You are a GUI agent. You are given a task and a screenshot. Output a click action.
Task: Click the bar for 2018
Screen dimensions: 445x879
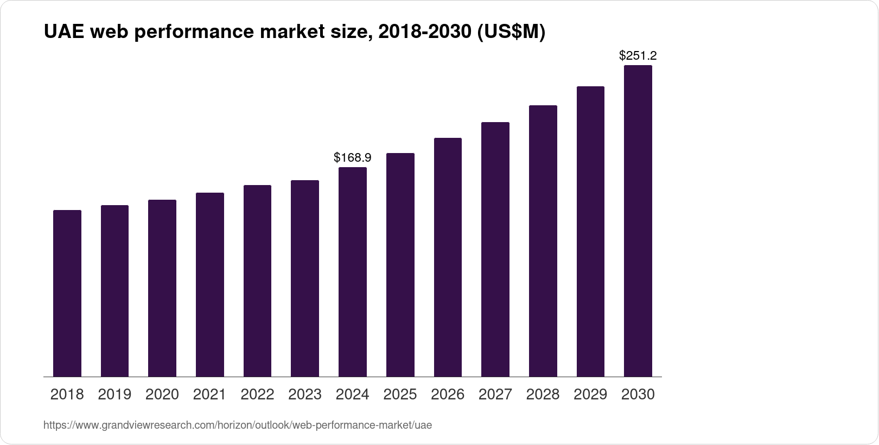pos(67,293)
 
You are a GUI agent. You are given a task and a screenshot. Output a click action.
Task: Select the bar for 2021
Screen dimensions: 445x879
pos(210,284)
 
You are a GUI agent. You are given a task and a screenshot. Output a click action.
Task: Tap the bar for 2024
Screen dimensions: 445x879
pos(353,271)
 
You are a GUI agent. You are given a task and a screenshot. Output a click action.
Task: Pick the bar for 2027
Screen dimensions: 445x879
pos(495,249)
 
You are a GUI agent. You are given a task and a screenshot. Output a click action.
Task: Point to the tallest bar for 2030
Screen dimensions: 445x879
pos(638,221)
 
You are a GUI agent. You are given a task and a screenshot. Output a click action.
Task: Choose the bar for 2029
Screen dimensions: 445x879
pos(590,231)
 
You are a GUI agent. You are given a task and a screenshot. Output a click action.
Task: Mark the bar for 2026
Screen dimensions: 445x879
pos(448,257)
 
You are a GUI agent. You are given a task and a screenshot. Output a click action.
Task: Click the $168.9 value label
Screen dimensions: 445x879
pos(353,158)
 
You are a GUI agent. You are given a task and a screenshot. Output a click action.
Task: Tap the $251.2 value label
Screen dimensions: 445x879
pos(638,55)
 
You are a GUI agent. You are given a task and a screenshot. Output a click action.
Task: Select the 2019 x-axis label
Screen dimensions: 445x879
pos(114,395)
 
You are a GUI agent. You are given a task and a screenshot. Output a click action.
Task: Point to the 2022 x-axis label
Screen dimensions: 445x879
pos(257,395)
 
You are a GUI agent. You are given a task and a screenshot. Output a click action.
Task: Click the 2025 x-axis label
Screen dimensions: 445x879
pos(400,395)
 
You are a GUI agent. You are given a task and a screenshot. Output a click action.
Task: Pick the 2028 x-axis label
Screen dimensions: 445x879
pos(543,395)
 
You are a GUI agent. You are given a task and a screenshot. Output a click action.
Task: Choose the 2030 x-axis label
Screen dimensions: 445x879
pos(638,395)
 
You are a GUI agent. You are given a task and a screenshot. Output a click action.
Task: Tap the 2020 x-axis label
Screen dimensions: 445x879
pos(162,395)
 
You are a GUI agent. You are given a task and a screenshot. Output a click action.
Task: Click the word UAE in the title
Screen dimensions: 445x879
pos(64,33)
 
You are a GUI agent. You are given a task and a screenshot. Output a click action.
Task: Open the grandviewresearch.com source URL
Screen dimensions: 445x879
pos(238,425)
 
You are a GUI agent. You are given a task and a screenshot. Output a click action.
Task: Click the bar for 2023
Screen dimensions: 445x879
pos(305,278)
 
